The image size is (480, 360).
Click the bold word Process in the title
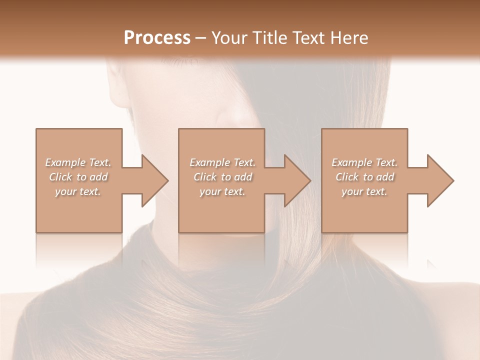(157, 37)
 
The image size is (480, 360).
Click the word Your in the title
(230, 37)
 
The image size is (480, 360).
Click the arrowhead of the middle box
(297, 180)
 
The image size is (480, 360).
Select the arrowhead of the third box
(440, 180)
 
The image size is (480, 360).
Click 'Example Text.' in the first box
(78, 162)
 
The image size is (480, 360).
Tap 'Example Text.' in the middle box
(222, 162)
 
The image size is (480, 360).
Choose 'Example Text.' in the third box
(364, 162)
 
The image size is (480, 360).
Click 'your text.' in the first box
(78, 191)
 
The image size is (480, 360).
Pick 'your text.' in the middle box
(222, 191)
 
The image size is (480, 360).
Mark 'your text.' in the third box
(364, 191)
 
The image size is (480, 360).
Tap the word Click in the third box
(347, 177)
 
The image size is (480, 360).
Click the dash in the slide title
(201, 38)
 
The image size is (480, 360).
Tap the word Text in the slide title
(307, 37)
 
